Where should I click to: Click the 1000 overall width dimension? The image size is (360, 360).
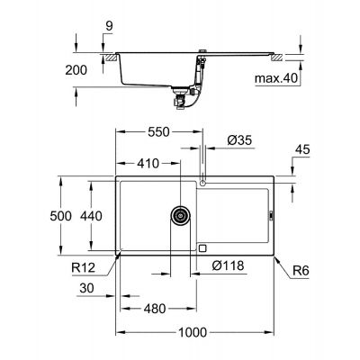coord(193,332)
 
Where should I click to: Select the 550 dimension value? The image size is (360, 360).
coord(158,132)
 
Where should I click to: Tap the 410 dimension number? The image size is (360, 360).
coord(148,164)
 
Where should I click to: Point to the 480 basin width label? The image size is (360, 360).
coord(155,309)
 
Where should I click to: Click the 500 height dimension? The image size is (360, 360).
coord(61,216)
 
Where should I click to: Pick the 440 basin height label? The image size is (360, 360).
coord(91,216)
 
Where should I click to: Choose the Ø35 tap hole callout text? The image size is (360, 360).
coord(239,140)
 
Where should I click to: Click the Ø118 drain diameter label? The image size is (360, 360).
coord(228,265)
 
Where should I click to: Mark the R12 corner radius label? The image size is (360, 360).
coord(84,267)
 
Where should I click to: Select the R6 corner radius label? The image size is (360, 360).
coord(301,271)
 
